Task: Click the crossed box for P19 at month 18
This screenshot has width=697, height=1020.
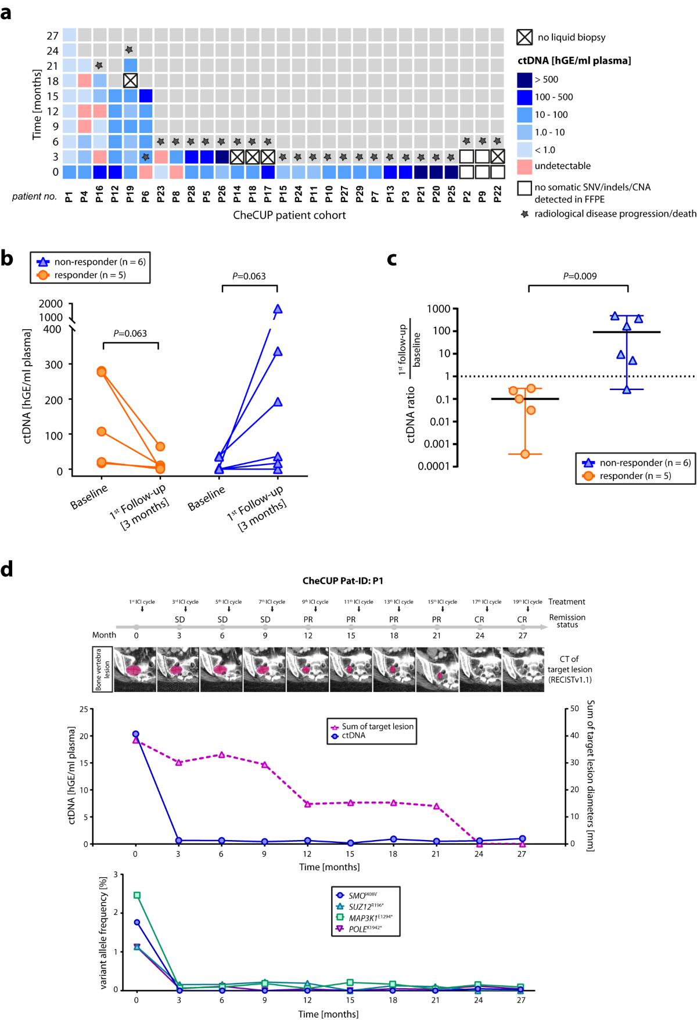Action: pyautogui.click(x=130, y=81)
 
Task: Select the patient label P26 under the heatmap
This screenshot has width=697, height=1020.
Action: pyautogui.click(x=221, y=195)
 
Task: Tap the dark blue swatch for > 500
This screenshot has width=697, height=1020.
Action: pyautogui.click(x=524, y=80)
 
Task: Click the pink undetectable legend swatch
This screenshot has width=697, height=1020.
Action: pyautogui.click(x=524, y=166)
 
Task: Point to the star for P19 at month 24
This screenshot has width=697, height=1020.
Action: pyautogui.click(x=130, y=51)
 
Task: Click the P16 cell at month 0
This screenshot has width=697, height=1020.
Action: pyautogui.click(x=99, y=172)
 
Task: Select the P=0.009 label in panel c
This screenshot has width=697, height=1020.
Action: pyautogui.click(x=579, y=276)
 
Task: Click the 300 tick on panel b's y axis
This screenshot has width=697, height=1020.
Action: pyautogui.click(x=53, y=365)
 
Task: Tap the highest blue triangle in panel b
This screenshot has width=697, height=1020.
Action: pyautogui.click(x=278, y=309)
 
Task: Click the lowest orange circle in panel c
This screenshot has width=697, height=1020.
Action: pyautogui.click(x=525, y=454)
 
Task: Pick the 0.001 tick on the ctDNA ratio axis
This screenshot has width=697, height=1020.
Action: pyautogui.click(x=436, y=444)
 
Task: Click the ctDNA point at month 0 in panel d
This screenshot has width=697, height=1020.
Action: pyautogui.click(x=136, y=734)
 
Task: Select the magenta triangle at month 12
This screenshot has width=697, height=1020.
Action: pyautogui.click(x=308, y=804)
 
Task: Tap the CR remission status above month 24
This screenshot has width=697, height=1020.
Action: pyautogui.click(x=479, y=619)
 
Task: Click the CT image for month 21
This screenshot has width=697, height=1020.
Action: pyautogui.click(x=437, y=669)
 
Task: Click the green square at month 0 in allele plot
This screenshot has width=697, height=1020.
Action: pyautogui.click(x=137, y=895)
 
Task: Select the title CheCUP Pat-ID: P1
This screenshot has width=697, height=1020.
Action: pyautogui.click(x=343, y=581)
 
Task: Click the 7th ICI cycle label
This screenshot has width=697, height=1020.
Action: pyautogui.click(x=272, y=602)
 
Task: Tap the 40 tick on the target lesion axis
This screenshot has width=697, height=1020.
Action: pyautogui.click(x=574, y=736)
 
